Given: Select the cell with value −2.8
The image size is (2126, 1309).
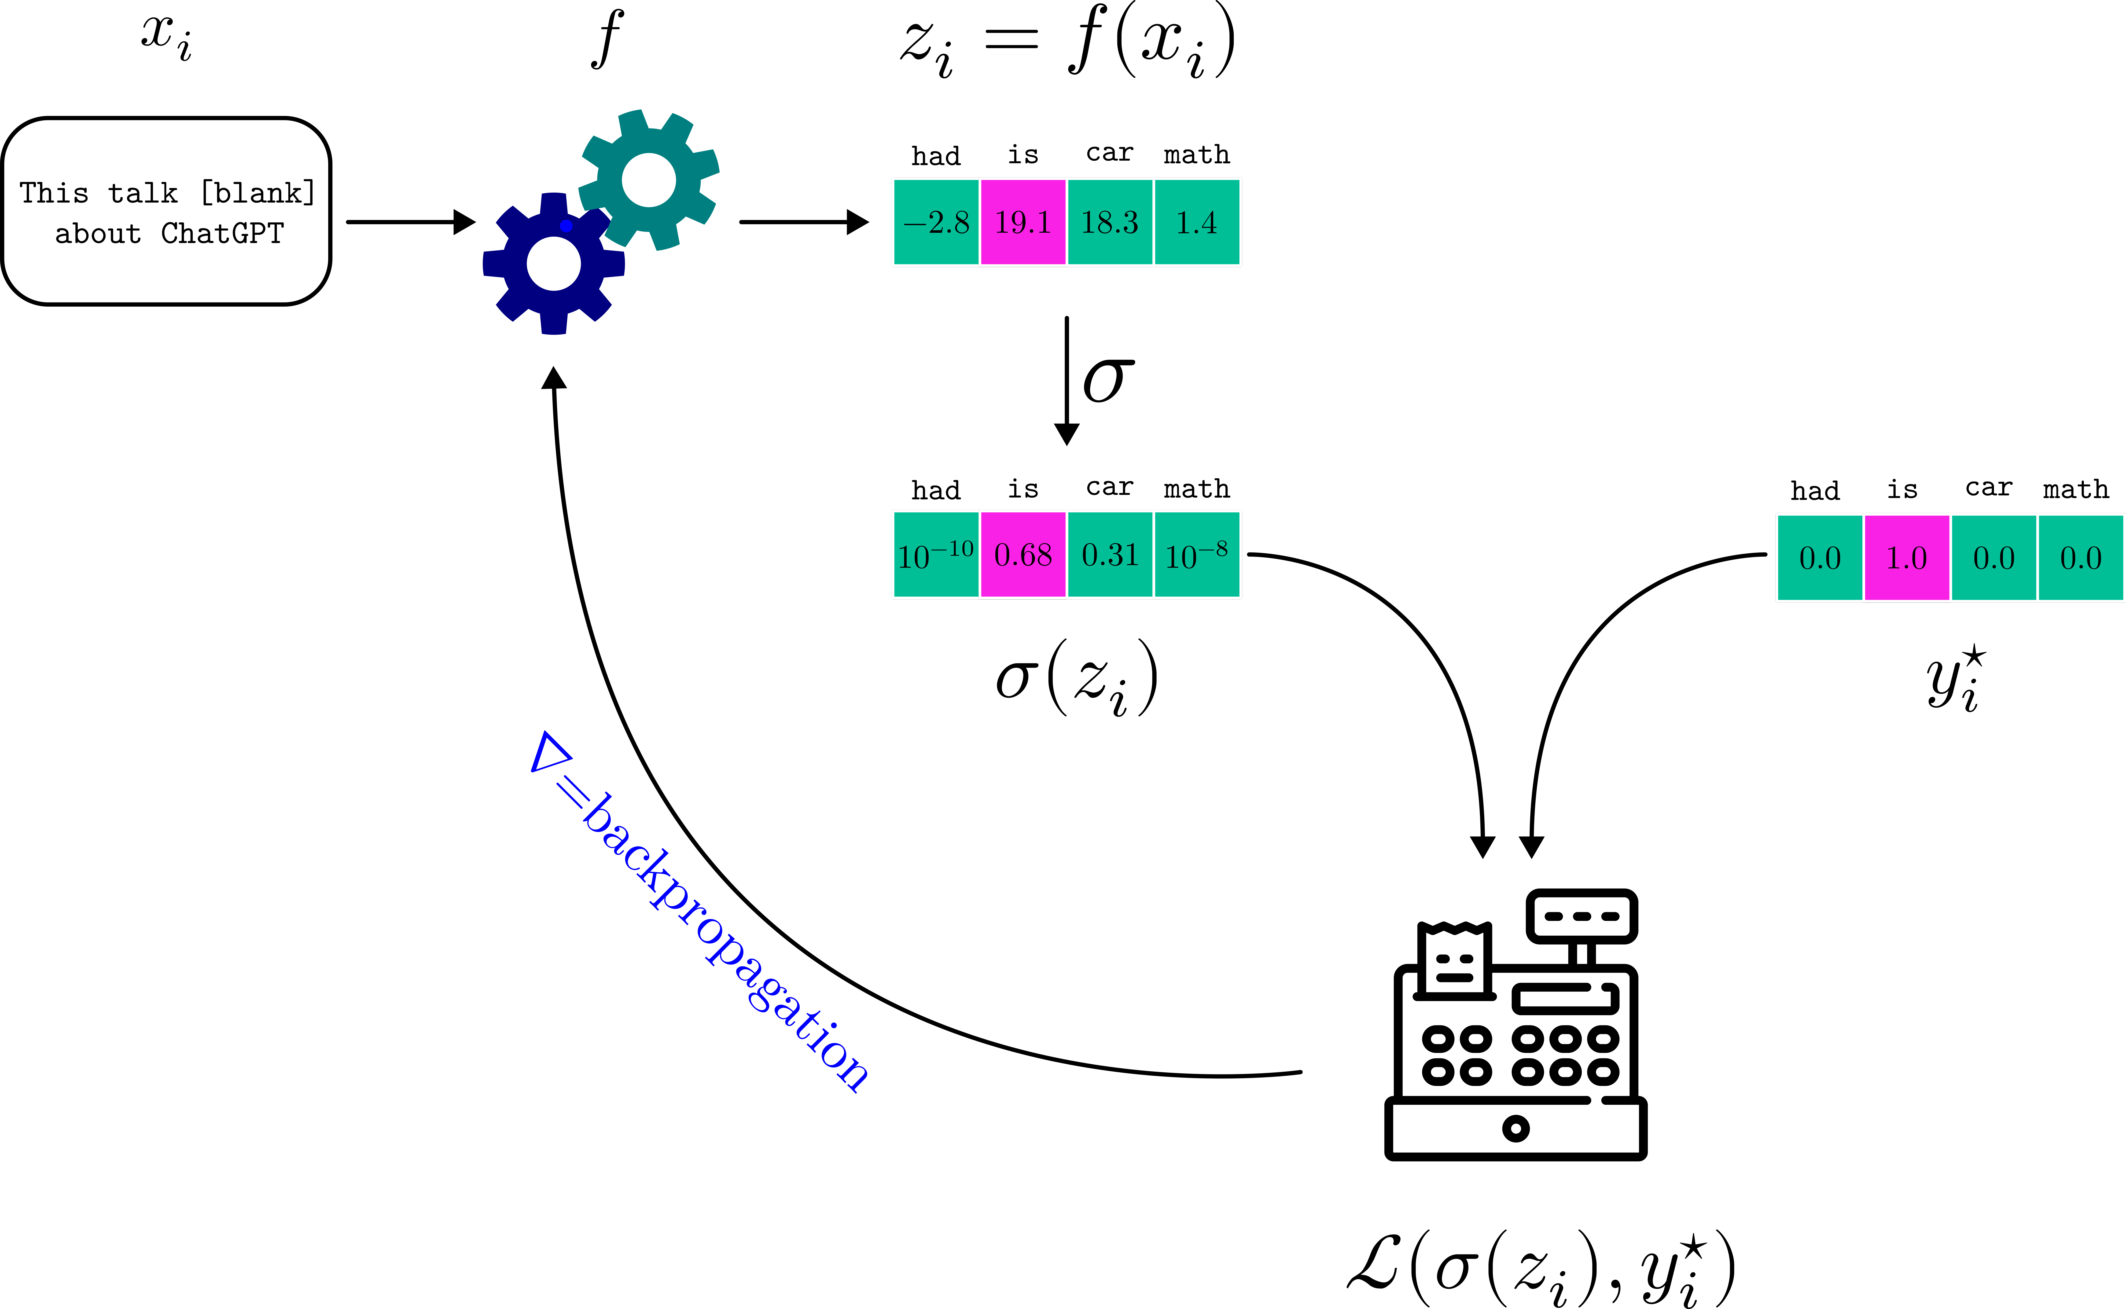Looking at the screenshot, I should pos(936,222).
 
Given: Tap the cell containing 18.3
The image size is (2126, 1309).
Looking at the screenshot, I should pos(1110,222).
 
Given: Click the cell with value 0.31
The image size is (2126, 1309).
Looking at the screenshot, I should pos(1110,555).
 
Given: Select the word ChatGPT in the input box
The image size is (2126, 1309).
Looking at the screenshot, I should pos(222,234).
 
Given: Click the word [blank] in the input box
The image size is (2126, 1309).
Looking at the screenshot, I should pos(258,192).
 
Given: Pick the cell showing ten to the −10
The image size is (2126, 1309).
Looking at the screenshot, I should pos(936,555).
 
